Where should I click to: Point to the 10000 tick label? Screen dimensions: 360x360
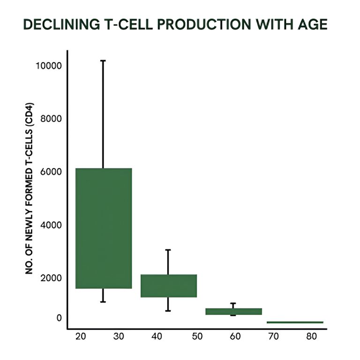tap(48, 66)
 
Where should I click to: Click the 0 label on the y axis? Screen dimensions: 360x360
tap(59, 318)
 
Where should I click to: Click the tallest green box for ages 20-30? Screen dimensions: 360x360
tap(103, 228)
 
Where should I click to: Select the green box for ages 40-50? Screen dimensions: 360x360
tap(168, 285)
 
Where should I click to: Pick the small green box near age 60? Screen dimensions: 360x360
tap(233, 311)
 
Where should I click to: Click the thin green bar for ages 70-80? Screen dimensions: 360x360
tap(295, 322)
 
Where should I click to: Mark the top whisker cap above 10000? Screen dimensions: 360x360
tap(103, 60)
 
